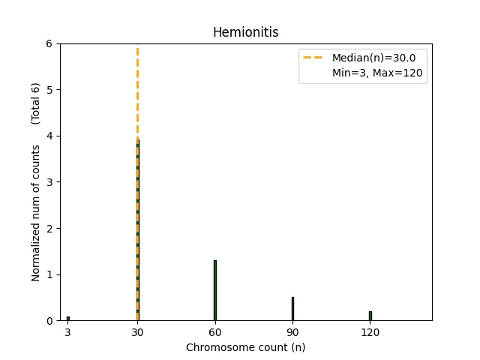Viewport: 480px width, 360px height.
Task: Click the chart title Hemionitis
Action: click(x=245, y=32)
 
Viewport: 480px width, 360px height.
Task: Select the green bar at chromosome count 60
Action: click(x=215, y=291)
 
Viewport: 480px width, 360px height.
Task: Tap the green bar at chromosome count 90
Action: click(x=292, y=309)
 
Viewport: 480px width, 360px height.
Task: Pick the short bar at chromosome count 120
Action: click(x=370, y=316)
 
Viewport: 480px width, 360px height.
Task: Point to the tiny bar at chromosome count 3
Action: click(x=67, y=319)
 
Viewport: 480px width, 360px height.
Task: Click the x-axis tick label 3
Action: click(x=67, y=332)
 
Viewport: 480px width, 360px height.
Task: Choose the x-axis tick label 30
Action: click(x=137, y=332)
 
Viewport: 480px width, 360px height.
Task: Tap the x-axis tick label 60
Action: click(x=214, y=332)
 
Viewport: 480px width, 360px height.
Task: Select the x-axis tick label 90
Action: click(x=292, y=332)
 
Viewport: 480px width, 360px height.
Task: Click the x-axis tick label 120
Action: click(x=370, y=332)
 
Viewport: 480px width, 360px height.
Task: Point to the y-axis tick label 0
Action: click(x=49, y=321)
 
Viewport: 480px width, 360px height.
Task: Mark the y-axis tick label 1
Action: click(x=49, y=274)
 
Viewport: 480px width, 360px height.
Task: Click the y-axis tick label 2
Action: click(x=49, y=228)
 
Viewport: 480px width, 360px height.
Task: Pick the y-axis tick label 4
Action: click(x=49, y=136)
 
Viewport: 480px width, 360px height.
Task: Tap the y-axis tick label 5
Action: click(x=49, y=90)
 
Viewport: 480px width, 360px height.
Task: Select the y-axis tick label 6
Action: click(x=49, y=43)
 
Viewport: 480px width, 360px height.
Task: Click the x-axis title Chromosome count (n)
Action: click(x=245, y=347)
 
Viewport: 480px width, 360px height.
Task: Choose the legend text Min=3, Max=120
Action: click(x=377, y=73)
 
